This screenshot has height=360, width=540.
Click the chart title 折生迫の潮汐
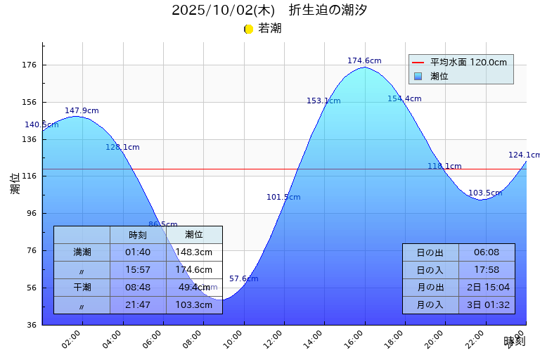(x=328, y=11)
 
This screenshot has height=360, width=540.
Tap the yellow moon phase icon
(x=248, y=29)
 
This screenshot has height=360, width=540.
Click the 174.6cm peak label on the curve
(x=364, y=61)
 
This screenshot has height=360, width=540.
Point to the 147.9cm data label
(x=82, y=111)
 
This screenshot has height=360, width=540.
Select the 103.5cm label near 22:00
(x=485, y=193)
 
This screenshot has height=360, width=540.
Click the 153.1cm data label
(x=323, y=101)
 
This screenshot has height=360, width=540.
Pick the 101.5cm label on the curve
(x=283, y=198)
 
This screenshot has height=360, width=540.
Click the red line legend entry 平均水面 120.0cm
(x=468, y=63)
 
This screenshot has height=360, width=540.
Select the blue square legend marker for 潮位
(x=418, y=76)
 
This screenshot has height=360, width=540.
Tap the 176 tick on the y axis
(x=29, y=65)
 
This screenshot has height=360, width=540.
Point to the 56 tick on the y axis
(x=31, y=288)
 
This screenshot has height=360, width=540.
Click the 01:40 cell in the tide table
(x=138, y=252)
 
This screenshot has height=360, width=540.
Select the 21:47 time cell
(x=138, y=305)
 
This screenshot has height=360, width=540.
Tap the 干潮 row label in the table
(x=82, y=287)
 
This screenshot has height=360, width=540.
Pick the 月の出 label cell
(x=430, y=288)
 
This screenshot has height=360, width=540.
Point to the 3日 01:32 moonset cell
(x=487, y=305)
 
